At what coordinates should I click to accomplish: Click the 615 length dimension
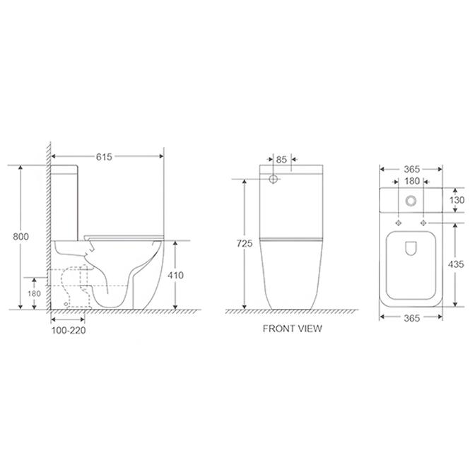(104, 157)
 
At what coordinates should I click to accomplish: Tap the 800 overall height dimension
(20, 237)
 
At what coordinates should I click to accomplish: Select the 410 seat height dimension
(175, 275)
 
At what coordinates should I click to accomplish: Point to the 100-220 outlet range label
(69, 330)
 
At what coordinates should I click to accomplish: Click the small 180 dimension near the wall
(34, 293)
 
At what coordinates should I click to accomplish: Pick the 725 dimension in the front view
(245, 243)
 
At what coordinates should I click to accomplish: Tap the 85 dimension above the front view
(281, 160)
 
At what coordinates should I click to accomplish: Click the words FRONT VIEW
(293, 329)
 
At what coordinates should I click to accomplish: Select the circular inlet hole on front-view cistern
(274, 180)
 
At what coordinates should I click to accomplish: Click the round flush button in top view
(411, 201)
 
